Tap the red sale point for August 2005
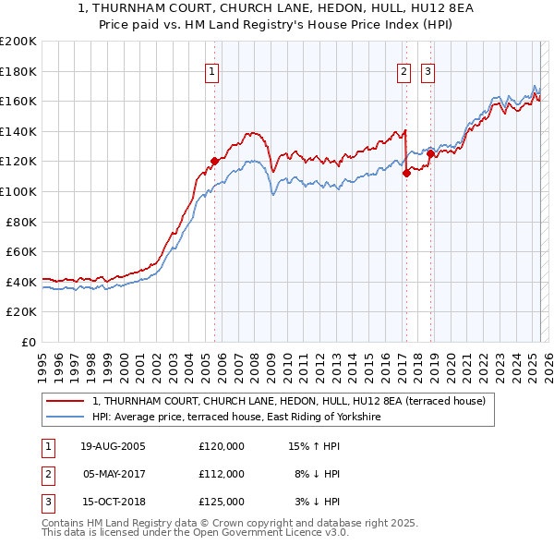point(215,161)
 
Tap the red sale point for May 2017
point(406,173)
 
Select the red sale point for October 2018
point(430,153)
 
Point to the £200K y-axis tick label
point(18,42)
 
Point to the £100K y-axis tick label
point(18,191)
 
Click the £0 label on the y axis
point(28,342)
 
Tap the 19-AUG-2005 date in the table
point(113,446)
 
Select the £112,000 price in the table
point(222,474)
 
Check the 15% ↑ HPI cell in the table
point(314,446)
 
